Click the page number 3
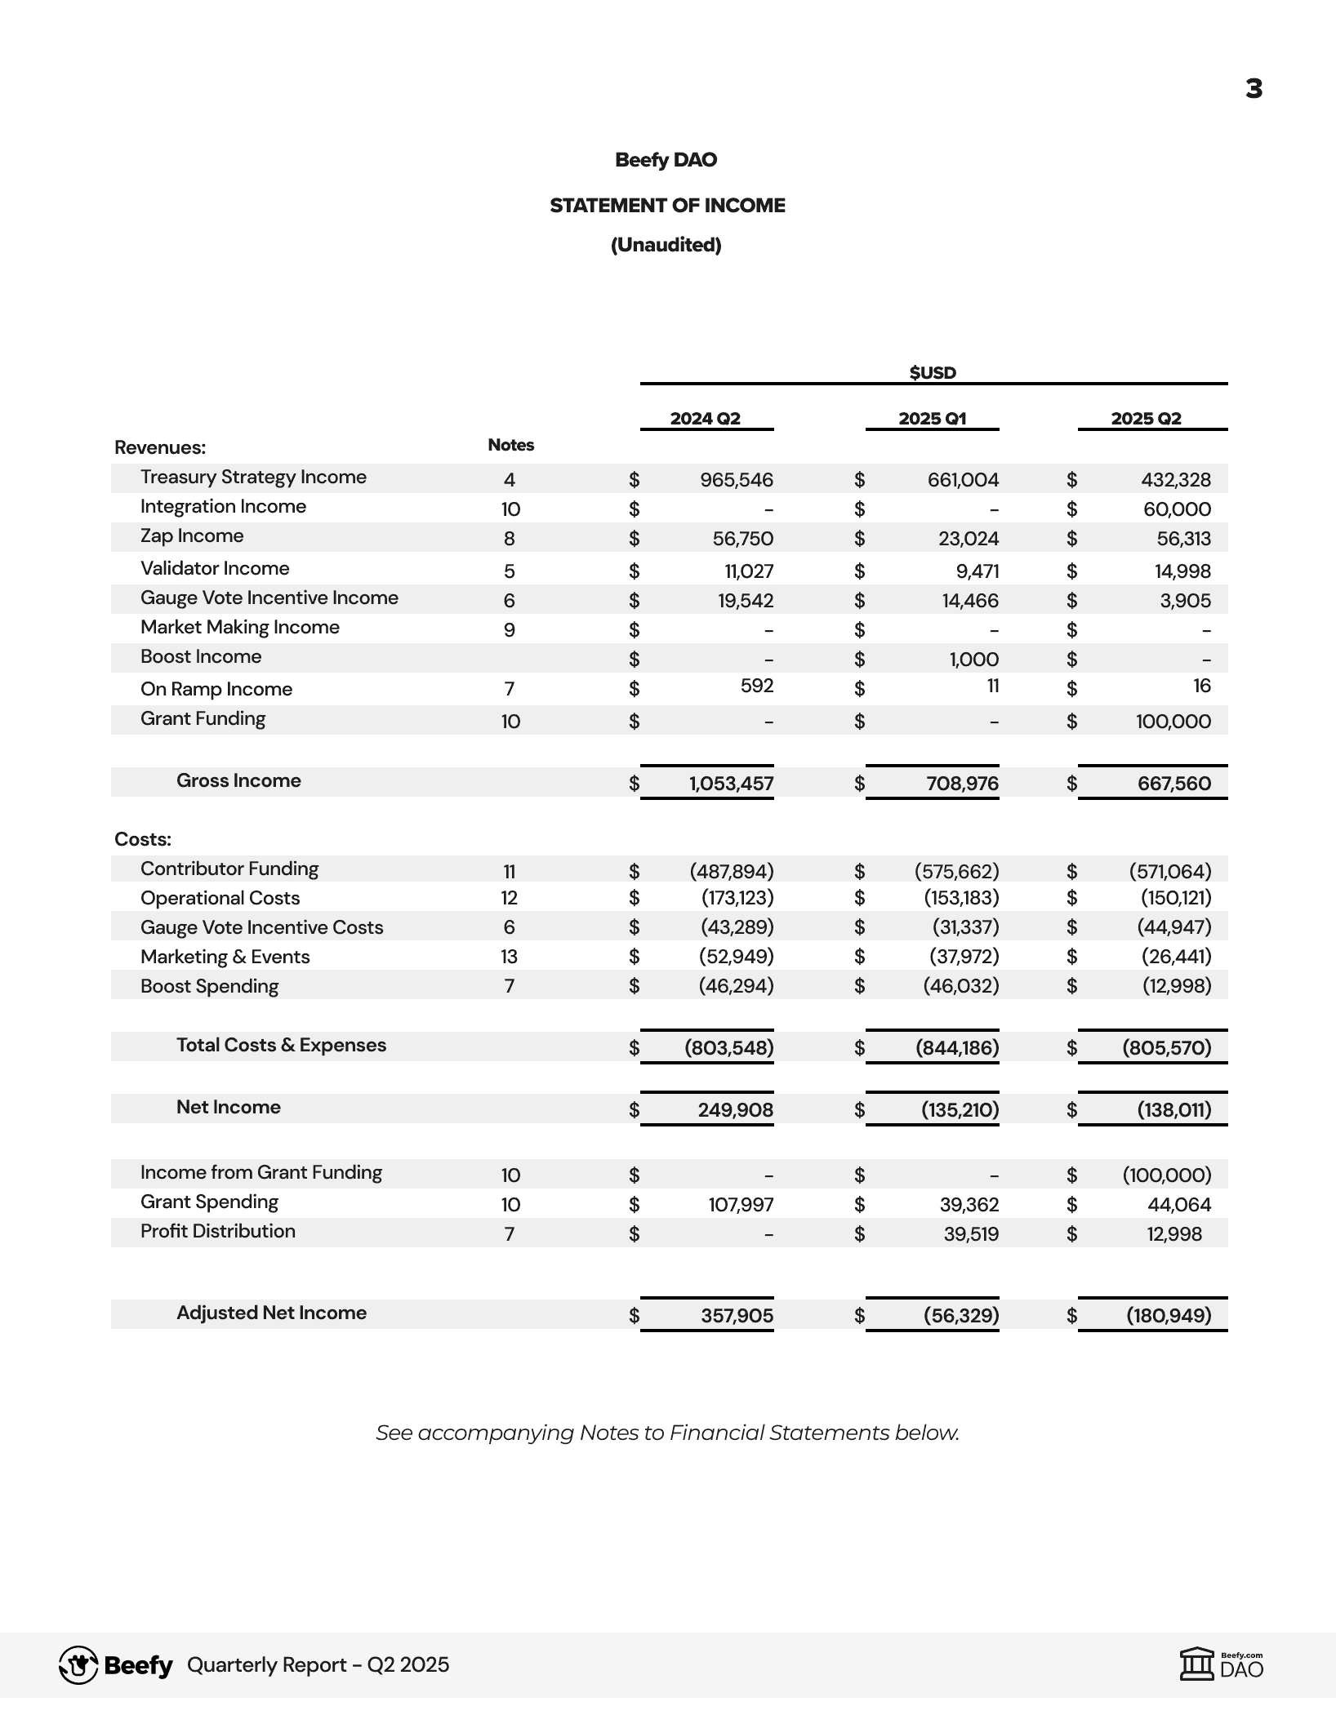point(1254,89)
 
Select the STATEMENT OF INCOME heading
point(667,206)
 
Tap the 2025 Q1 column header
point(932,419)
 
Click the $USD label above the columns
point(933,373)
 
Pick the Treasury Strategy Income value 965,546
point(736,480)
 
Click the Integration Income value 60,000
point(1177,509)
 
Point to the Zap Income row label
point(192,536)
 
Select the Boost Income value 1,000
point(973,660)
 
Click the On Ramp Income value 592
point(756,686)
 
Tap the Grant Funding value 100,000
point(1173,722)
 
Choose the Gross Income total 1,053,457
point(731,784)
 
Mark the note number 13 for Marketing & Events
point(509,957)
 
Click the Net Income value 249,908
point(735,1110)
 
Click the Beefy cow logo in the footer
point(78,1665)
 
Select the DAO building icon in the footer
point(1197,1664)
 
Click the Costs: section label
point(143,839)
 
